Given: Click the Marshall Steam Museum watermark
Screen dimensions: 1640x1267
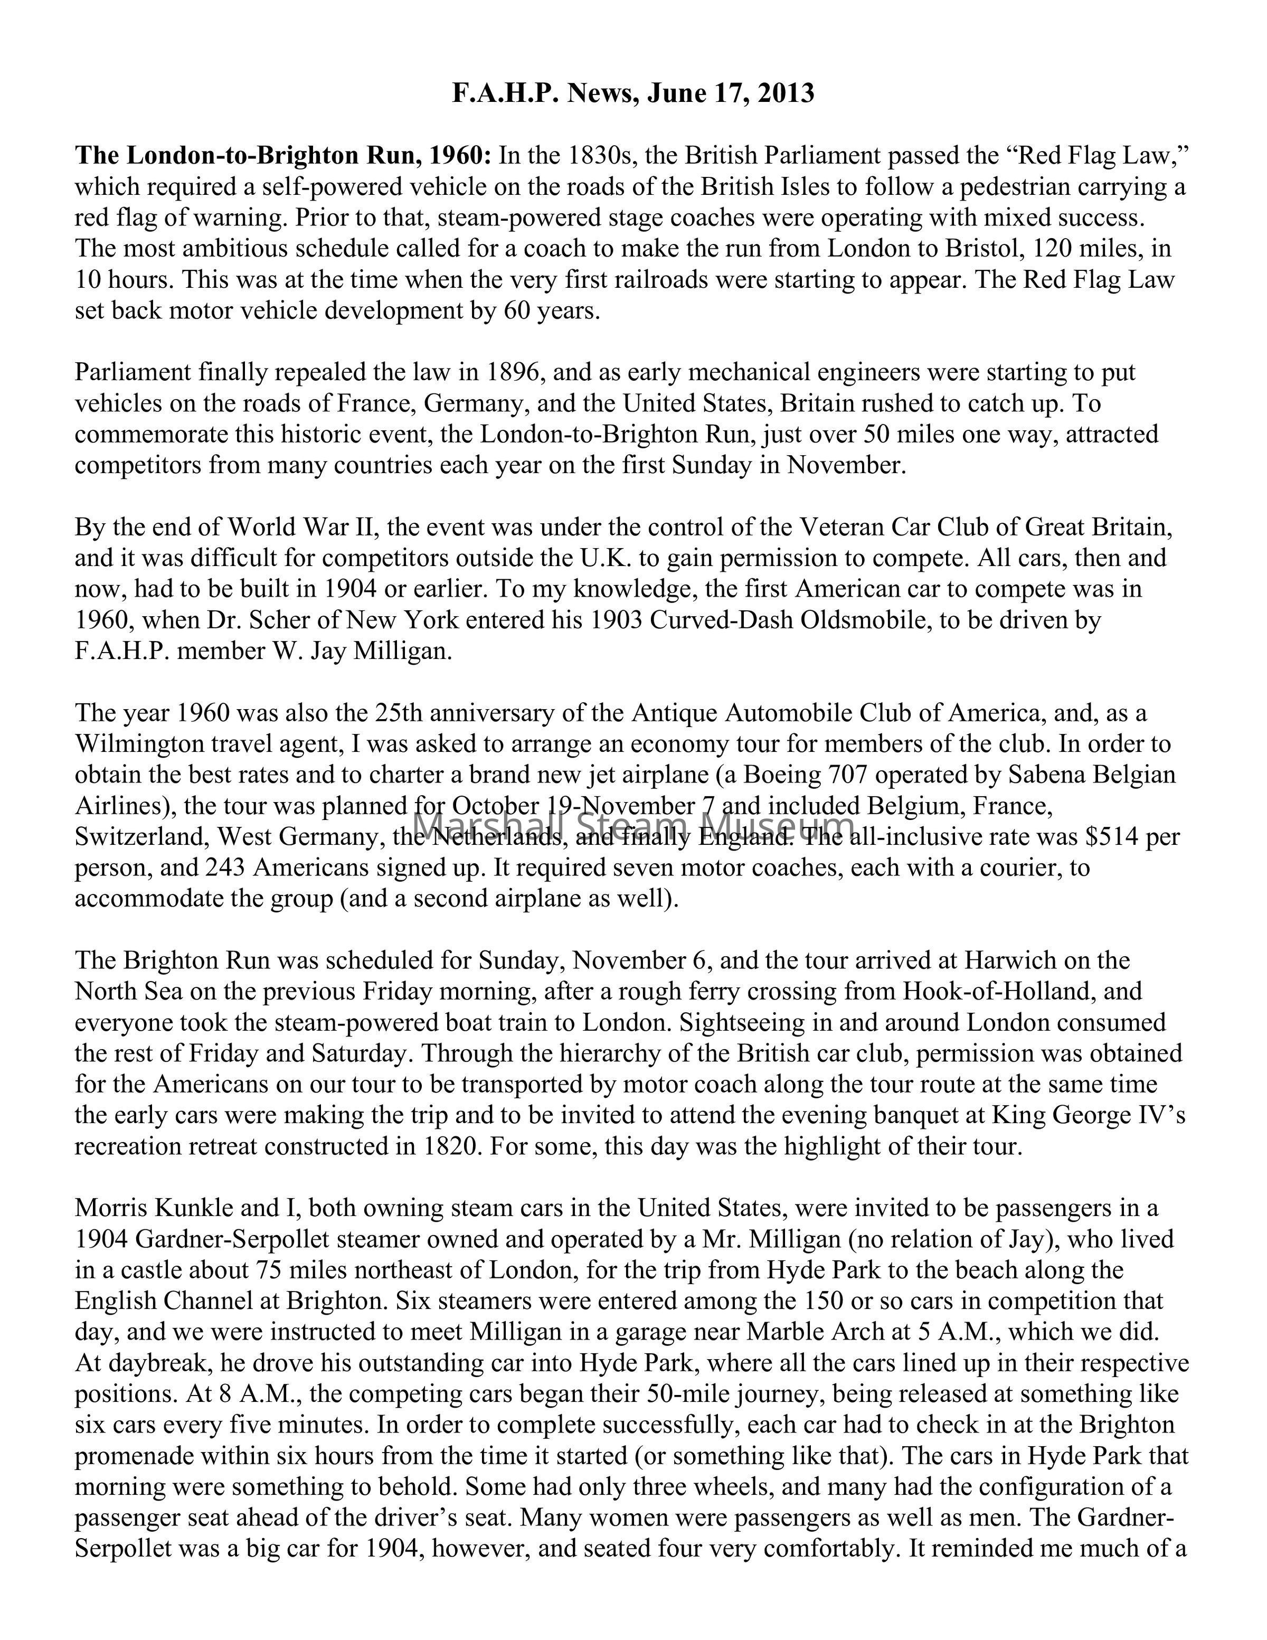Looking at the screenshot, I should coord(633,824).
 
